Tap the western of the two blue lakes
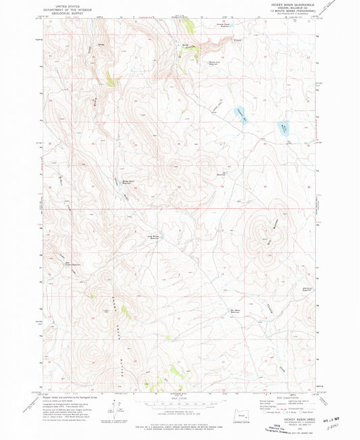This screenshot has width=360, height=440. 240,114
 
